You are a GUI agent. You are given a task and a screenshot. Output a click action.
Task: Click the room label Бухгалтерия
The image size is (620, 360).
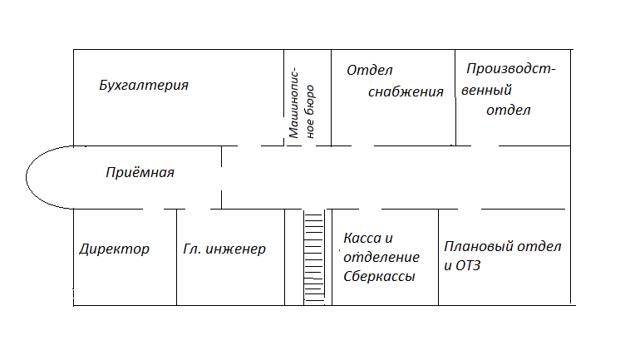[x=144, y=86]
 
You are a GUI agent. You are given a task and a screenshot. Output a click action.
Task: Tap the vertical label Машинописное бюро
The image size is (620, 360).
[x=302, y=104]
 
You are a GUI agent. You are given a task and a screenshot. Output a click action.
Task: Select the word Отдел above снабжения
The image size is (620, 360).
[x=370, y=71]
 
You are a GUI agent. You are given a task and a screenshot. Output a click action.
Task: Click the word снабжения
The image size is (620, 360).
[x=406, y=91]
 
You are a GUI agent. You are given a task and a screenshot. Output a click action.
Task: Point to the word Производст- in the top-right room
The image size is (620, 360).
[x=511, y=69]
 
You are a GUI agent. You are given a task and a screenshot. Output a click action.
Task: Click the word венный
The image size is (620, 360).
[x=486, y=90]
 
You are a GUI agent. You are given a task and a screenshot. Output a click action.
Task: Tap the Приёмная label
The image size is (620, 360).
[x=140, y=172]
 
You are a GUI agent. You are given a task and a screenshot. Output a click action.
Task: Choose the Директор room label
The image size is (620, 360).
[x=114, y=249]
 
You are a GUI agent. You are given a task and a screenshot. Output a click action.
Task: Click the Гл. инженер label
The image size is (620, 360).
[x=224, y=249]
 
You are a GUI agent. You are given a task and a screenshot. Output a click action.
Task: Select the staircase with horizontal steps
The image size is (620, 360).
[x=314, y=257]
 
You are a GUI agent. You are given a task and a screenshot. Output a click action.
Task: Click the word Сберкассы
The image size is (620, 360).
[x=379, y=276]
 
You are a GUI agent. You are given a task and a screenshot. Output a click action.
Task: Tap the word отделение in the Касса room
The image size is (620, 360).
[x=381, y=257]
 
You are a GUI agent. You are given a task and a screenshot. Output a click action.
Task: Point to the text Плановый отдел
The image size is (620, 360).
[x=503, y=247]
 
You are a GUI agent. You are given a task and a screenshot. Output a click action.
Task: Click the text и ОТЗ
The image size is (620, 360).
[x=462, y=265]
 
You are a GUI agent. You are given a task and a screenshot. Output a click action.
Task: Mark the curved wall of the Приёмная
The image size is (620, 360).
[x=26, y=177]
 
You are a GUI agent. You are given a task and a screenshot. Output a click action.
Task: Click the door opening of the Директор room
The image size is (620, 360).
[x=154, y=209]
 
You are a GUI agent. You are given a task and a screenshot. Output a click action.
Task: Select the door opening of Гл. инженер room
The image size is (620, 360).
[x=198, y=209]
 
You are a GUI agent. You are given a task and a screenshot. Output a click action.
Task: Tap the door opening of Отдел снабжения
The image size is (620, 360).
[x=362, y=145]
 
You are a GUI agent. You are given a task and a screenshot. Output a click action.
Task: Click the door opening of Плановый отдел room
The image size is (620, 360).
[x=470, y=209]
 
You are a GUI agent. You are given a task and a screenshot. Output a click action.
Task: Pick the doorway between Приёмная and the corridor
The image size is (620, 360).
[x=221, y=179]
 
